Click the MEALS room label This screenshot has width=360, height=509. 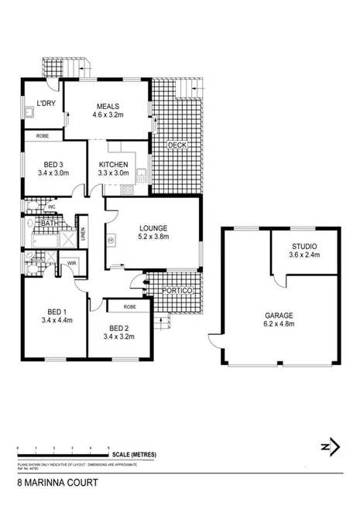click(106, 106)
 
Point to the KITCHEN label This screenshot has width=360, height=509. click(113, 165)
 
